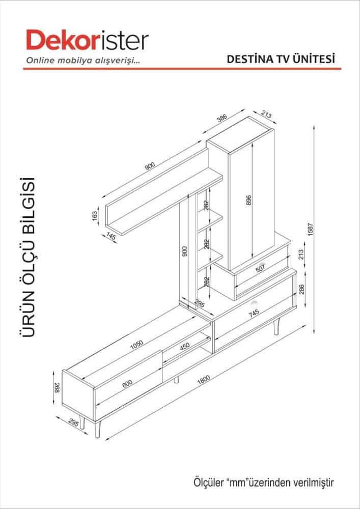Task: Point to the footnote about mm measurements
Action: click(263, 481)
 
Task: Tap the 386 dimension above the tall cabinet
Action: click(221, 119)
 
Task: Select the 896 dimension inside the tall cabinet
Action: click(249, 201)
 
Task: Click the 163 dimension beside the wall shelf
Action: click(94, 216)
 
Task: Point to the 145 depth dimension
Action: click(112, 236)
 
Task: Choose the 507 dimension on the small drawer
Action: click(260, 269)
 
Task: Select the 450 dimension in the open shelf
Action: click(185, 346)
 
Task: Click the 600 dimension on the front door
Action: click(127, 383)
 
